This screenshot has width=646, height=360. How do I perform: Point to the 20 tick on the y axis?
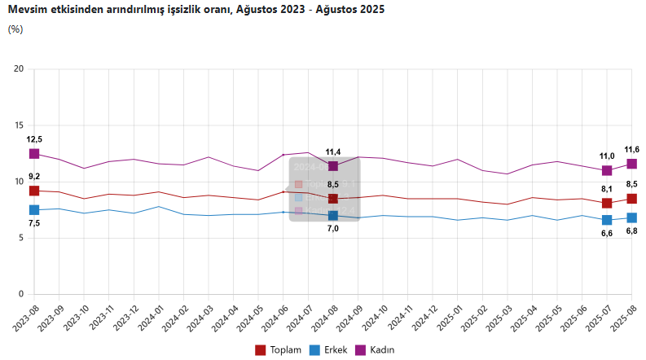(x=19, y=69)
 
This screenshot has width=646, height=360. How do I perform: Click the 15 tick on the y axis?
(x=19, y=125)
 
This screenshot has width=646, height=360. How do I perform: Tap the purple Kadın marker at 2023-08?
(x=34, y=153)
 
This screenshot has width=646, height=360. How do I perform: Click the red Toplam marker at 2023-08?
(x=34, y=191)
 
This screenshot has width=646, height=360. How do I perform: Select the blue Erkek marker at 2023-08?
(x=34, y=210)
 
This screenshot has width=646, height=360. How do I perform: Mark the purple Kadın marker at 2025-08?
(x=631, y=164)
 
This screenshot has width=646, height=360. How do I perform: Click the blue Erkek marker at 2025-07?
(x=607, y=220)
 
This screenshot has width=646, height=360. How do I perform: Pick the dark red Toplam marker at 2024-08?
(x=333, y=199)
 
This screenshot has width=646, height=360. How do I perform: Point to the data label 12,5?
(x=34, y=139)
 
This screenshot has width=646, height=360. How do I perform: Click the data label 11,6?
(x=631, y=149)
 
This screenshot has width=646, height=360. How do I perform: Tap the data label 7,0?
(x=333, y=229)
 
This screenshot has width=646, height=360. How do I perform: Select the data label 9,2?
(x=34, y=177)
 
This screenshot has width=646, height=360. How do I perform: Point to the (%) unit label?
(x=15, y=29)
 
